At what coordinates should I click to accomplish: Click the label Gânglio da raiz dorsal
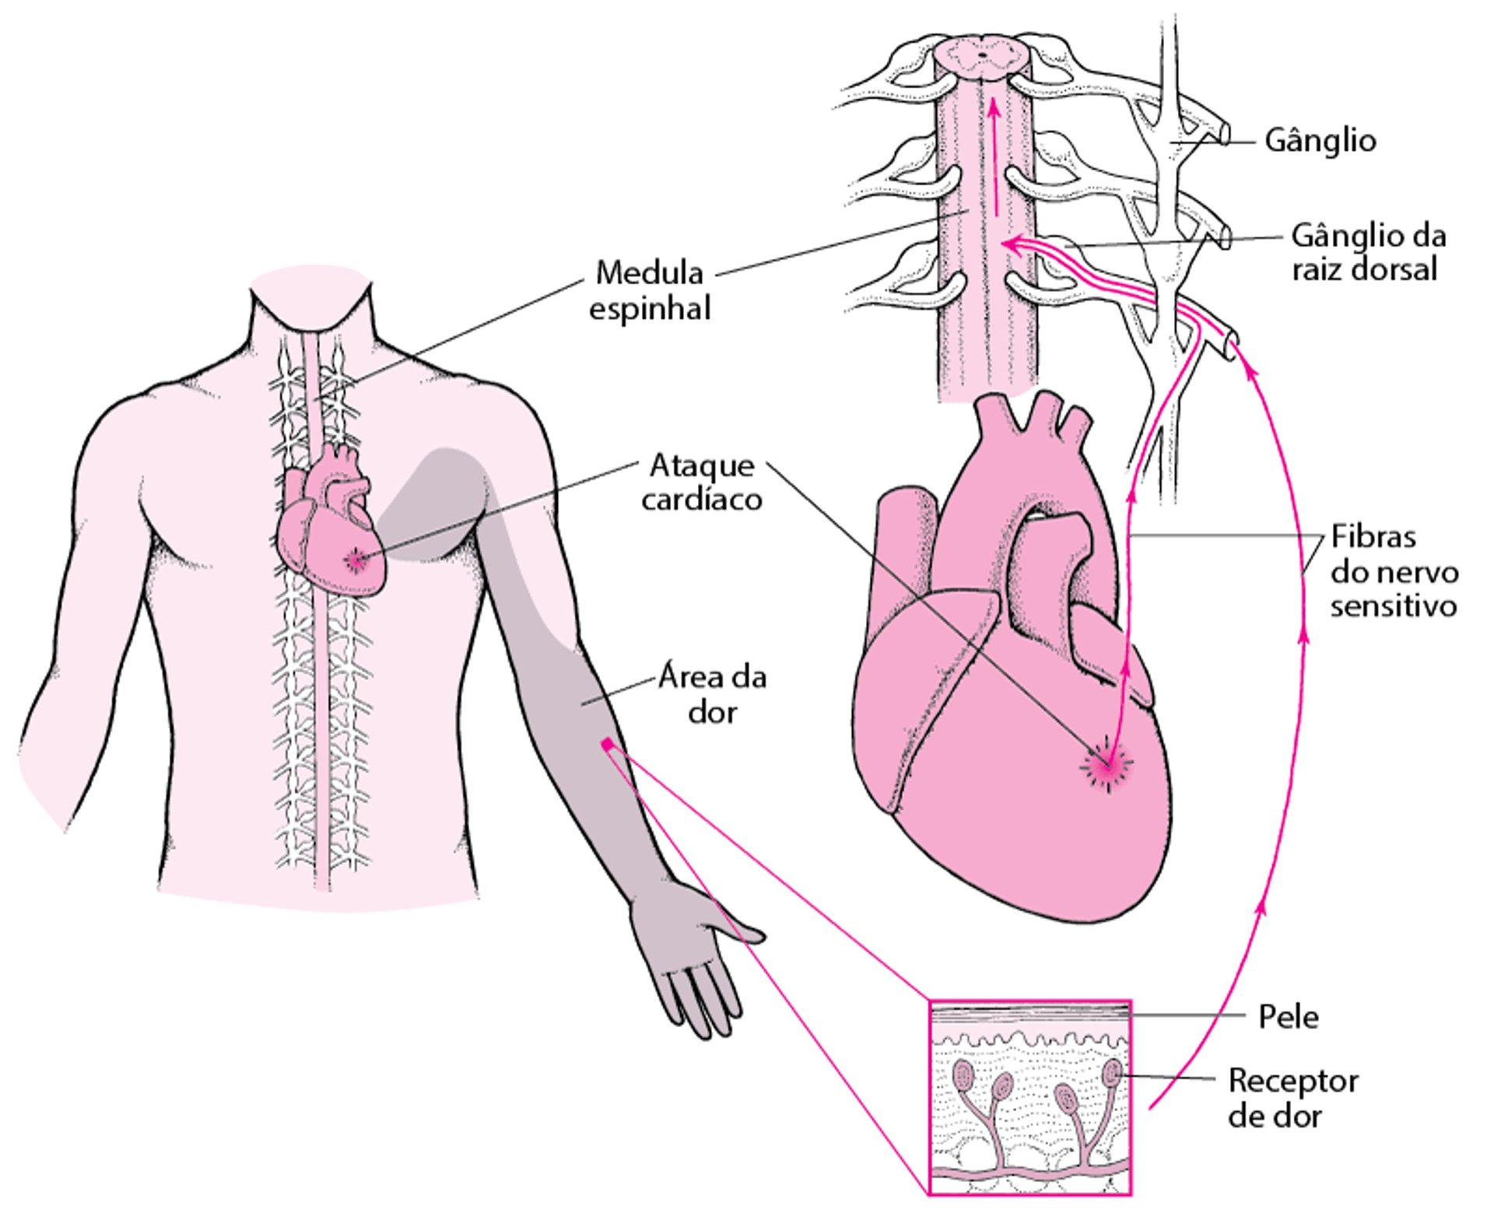click(1368, 252)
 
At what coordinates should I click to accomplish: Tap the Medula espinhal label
click(650, 290)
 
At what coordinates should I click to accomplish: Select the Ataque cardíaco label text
click(702, 482)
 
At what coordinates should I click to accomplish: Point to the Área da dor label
click(712, 694)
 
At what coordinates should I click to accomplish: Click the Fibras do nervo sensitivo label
click(1393, 571)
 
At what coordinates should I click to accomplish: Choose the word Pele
click(1289, 1017)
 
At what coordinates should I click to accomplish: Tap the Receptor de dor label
click(1292, 1098)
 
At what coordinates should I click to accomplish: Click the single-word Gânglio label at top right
click(1320, 141)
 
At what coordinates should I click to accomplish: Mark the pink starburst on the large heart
click(1107, 766)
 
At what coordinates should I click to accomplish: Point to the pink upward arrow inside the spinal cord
click(994, 156)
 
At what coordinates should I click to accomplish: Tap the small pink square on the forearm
click(607, 745)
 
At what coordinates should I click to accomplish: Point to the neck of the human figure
click(311, 311)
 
